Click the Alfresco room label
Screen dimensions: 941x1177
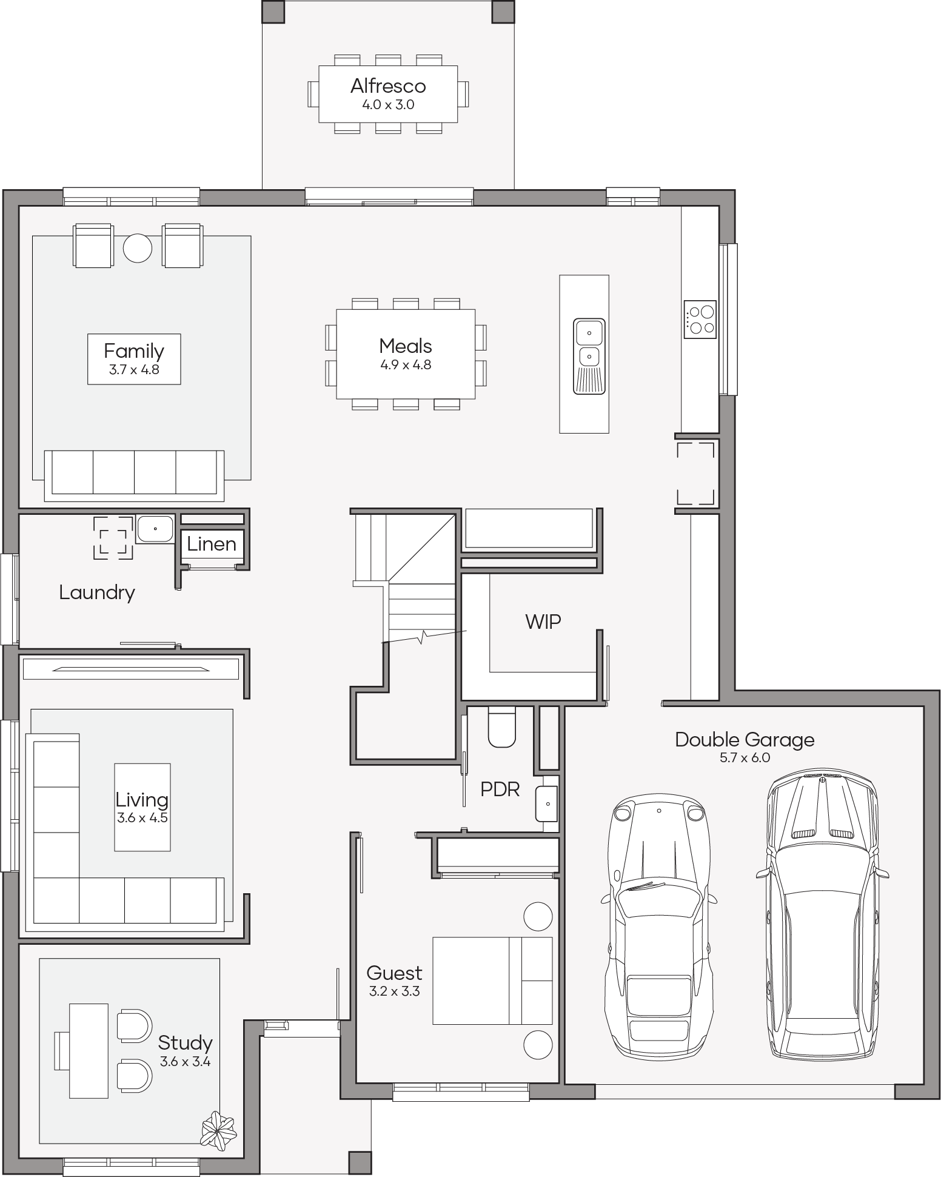point(388,86)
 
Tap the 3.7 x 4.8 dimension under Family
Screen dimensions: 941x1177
point(134,369)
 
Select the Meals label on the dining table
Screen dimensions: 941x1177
point(406,346)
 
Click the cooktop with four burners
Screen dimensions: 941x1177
point(700,320)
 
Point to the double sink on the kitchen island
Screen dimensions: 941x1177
point(589,356)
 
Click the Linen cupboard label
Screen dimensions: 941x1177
point(212,544)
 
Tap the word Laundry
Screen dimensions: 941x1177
point(97,593)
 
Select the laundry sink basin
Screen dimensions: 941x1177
point(155,529)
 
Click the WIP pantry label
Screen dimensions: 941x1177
point(543,621)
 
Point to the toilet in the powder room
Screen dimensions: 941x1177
point(502,726)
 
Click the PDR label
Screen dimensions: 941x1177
point(500,790)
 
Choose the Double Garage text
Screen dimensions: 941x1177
point(745,740)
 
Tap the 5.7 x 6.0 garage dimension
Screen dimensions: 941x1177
point(745,758)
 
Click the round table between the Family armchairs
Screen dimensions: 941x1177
point(138,248)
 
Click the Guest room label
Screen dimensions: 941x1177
point(394,973)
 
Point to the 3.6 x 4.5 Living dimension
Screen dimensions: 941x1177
point(142,817)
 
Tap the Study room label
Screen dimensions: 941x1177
point(185,1043)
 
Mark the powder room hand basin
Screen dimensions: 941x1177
point(546,804)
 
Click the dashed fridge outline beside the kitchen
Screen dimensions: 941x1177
point(695,474)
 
